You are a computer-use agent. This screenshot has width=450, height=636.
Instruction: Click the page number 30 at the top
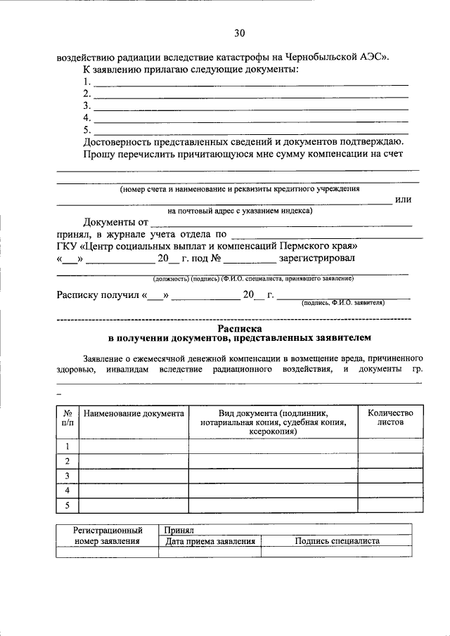coord(239,33)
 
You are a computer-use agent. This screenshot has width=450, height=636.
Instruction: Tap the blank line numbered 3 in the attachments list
coord(251,106)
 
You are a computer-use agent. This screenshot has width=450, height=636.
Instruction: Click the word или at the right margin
coord(403,200)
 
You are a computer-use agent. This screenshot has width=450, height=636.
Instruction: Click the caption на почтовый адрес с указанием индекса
coord(240,210)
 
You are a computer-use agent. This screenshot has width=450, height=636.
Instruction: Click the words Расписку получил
coord(98,295)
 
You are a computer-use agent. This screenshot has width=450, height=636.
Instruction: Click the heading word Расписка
coord(239,327)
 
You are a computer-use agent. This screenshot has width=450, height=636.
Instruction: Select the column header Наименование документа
coord(134,415)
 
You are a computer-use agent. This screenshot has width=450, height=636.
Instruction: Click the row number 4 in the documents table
coord(67,490)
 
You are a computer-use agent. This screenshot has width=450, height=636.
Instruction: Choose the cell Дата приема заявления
coord(210,541)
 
